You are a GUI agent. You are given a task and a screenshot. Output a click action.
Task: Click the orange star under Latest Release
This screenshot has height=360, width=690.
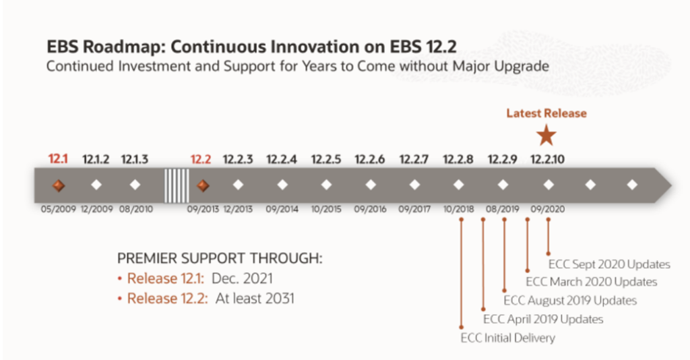[546, 136]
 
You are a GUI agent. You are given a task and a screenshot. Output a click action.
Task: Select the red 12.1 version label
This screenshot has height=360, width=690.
[59, 160]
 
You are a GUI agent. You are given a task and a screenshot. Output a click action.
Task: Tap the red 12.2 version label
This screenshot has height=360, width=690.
[201, 160]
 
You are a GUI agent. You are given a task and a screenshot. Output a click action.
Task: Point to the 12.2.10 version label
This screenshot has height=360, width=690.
[547, 160]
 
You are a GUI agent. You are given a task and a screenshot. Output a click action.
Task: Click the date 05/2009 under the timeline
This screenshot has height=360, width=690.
[59, 209]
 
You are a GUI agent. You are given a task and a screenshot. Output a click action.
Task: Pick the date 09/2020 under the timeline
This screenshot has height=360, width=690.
[547, 209]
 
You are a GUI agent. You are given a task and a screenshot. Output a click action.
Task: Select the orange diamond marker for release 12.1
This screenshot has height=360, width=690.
[59, 185]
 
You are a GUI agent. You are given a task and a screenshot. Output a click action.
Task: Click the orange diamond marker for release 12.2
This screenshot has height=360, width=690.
[201, 185]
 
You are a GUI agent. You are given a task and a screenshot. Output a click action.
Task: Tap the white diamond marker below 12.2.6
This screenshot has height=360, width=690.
[370, 185]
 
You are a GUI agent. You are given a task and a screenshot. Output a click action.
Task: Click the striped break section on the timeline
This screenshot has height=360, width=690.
[177, 185]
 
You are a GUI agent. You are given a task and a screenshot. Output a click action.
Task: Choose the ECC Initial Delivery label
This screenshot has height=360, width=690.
[507, 338]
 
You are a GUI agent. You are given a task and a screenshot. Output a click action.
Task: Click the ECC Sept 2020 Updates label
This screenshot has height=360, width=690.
[609, 264]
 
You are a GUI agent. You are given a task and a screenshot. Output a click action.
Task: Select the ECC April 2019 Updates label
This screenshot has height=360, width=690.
[543, 319]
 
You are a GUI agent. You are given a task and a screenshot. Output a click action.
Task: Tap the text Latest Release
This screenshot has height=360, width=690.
[546, 113]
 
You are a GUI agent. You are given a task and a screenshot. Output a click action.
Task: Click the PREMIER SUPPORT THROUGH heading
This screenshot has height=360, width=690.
[220, 260]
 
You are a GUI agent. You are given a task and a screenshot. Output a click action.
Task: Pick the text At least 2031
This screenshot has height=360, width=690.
[255, 298]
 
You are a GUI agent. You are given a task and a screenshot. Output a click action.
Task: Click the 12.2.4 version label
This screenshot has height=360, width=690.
[282, 160]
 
